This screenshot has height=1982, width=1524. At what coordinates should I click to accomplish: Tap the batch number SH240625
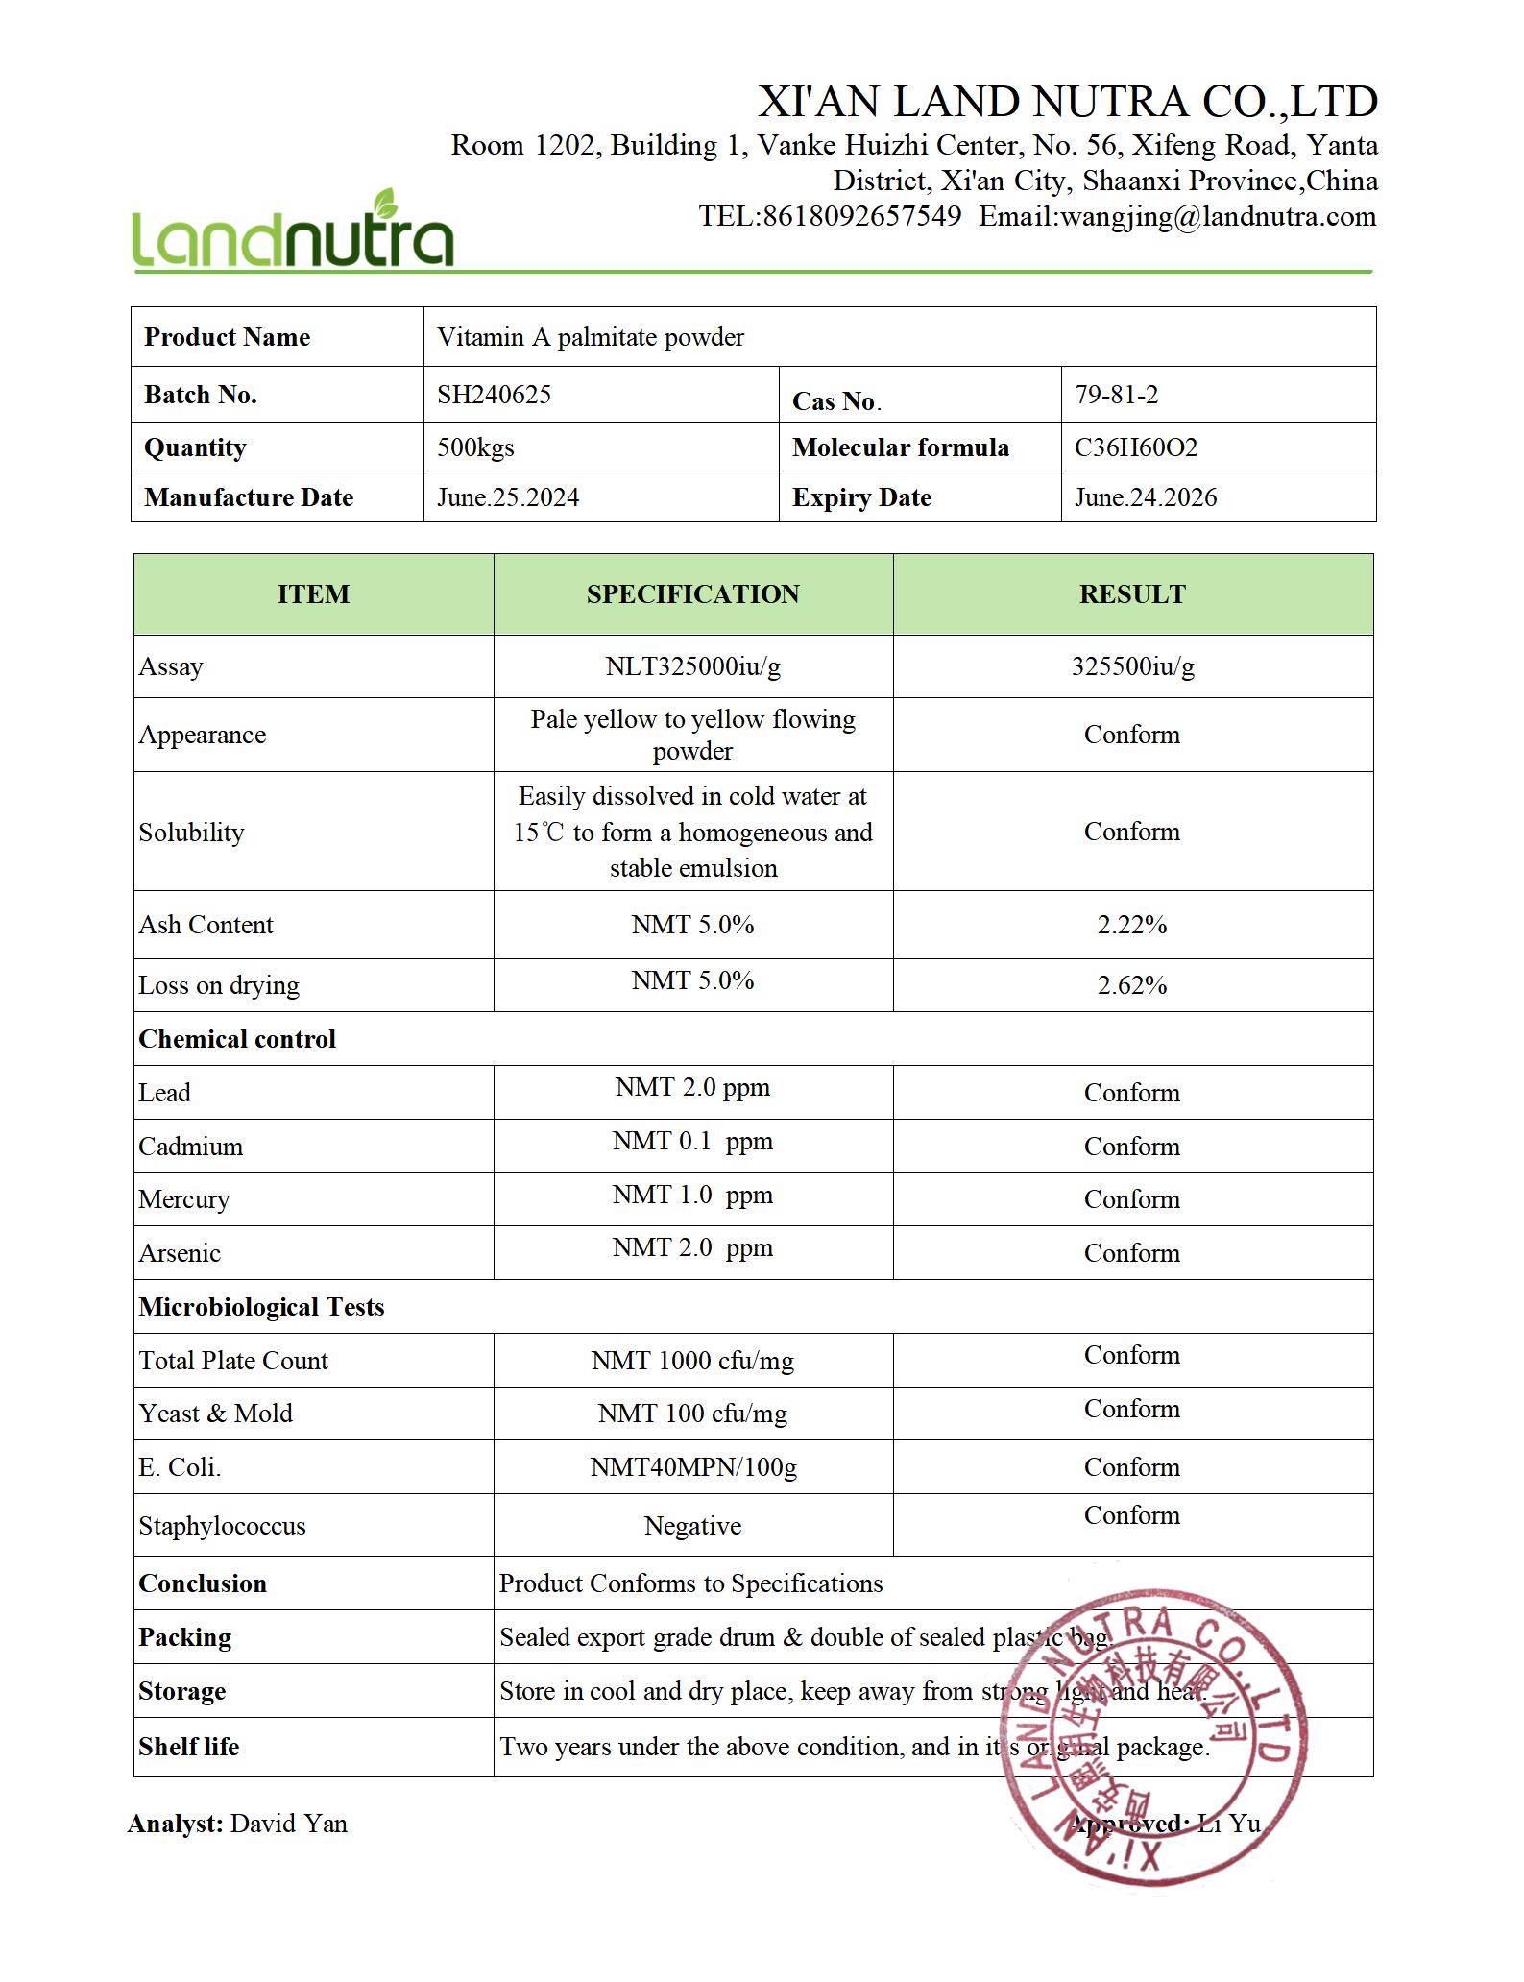(494, 395)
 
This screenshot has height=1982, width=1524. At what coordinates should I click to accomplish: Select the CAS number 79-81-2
(1116, 395)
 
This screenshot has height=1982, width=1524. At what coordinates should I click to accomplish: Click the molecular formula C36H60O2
(1135, 447)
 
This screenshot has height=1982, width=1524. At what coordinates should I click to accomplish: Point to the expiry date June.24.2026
(1145, 497)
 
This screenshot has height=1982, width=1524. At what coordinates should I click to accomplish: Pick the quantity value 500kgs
(475, 447)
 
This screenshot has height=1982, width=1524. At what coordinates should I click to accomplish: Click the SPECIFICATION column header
(692, 594)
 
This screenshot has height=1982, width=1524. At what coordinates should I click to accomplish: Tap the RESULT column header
(1132, 594)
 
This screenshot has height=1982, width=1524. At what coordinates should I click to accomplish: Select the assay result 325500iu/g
(1132, 666)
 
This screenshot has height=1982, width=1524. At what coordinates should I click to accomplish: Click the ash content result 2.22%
(1132, 925)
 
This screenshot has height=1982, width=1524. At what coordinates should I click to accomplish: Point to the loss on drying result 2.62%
(1132, 985)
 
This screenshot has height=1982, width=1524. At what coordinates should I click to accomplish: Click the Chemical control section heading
(237, 1039)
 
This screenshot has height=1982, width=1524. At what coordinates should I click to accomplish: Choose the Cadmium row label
(190, 1147)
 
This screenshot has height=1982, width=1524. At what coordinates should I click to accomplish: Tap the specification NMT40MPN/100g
(692, 1467)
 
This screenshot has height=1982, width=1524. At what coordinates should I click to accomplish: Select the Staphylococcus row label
(222, 1526)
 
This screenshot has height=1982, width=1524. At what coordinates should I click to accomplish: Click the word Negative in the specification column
(692, 1526)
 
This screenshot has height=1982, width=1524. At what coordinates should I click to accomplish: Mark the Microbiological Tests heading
(261, 1307)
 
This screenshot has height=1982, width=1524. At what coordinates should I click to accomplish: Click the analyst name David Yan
(288, 1824)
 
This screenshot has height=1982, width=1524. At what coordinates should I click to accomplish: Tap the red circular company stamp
(1152, 1738)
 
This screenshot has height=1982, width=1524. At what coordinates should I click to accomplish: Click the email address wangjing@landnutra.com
(1218, 216)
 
